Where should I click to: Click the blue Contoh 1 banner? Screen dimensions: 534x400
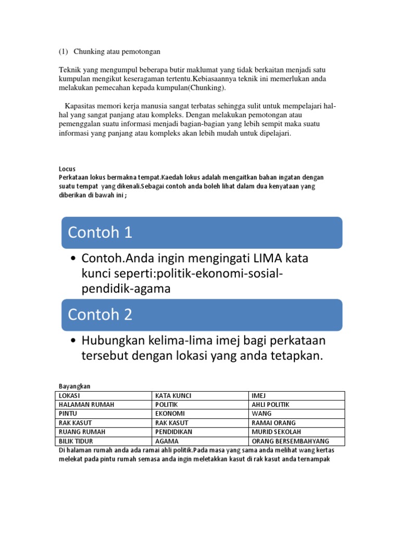pyautogui.click(x=202, y=233)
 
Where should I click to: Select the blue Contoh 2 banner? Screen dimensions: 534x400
pyautogui.click(x=202, y=315)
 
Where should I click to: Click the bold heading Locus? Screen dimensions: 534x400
pyautogui.click(x=67, y=169)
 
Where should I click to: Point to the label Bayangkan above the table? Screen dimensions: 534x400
pyautogui.click(x=74, y=386)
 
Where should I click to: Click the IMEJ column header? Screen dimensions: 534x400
pyautogui.click(x=259, y=396)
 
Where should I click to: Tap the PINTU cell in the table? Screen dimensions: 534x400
pyautogui.click(x=69, y=414)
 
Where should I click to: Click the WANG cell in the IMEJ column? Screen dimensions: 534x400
pyautogui.click(x=260, y=414)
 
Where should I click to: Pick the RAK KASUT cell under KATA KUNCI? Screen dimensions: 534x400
pyautogui.click(x=171, y=423)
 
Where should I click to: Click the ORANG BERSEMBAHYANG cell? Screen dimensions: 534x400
pyautogui.click(x=287, y=441)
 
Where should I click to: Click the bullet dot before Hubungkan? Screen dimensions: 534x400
pyautogui.click(x=73, y=341)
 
